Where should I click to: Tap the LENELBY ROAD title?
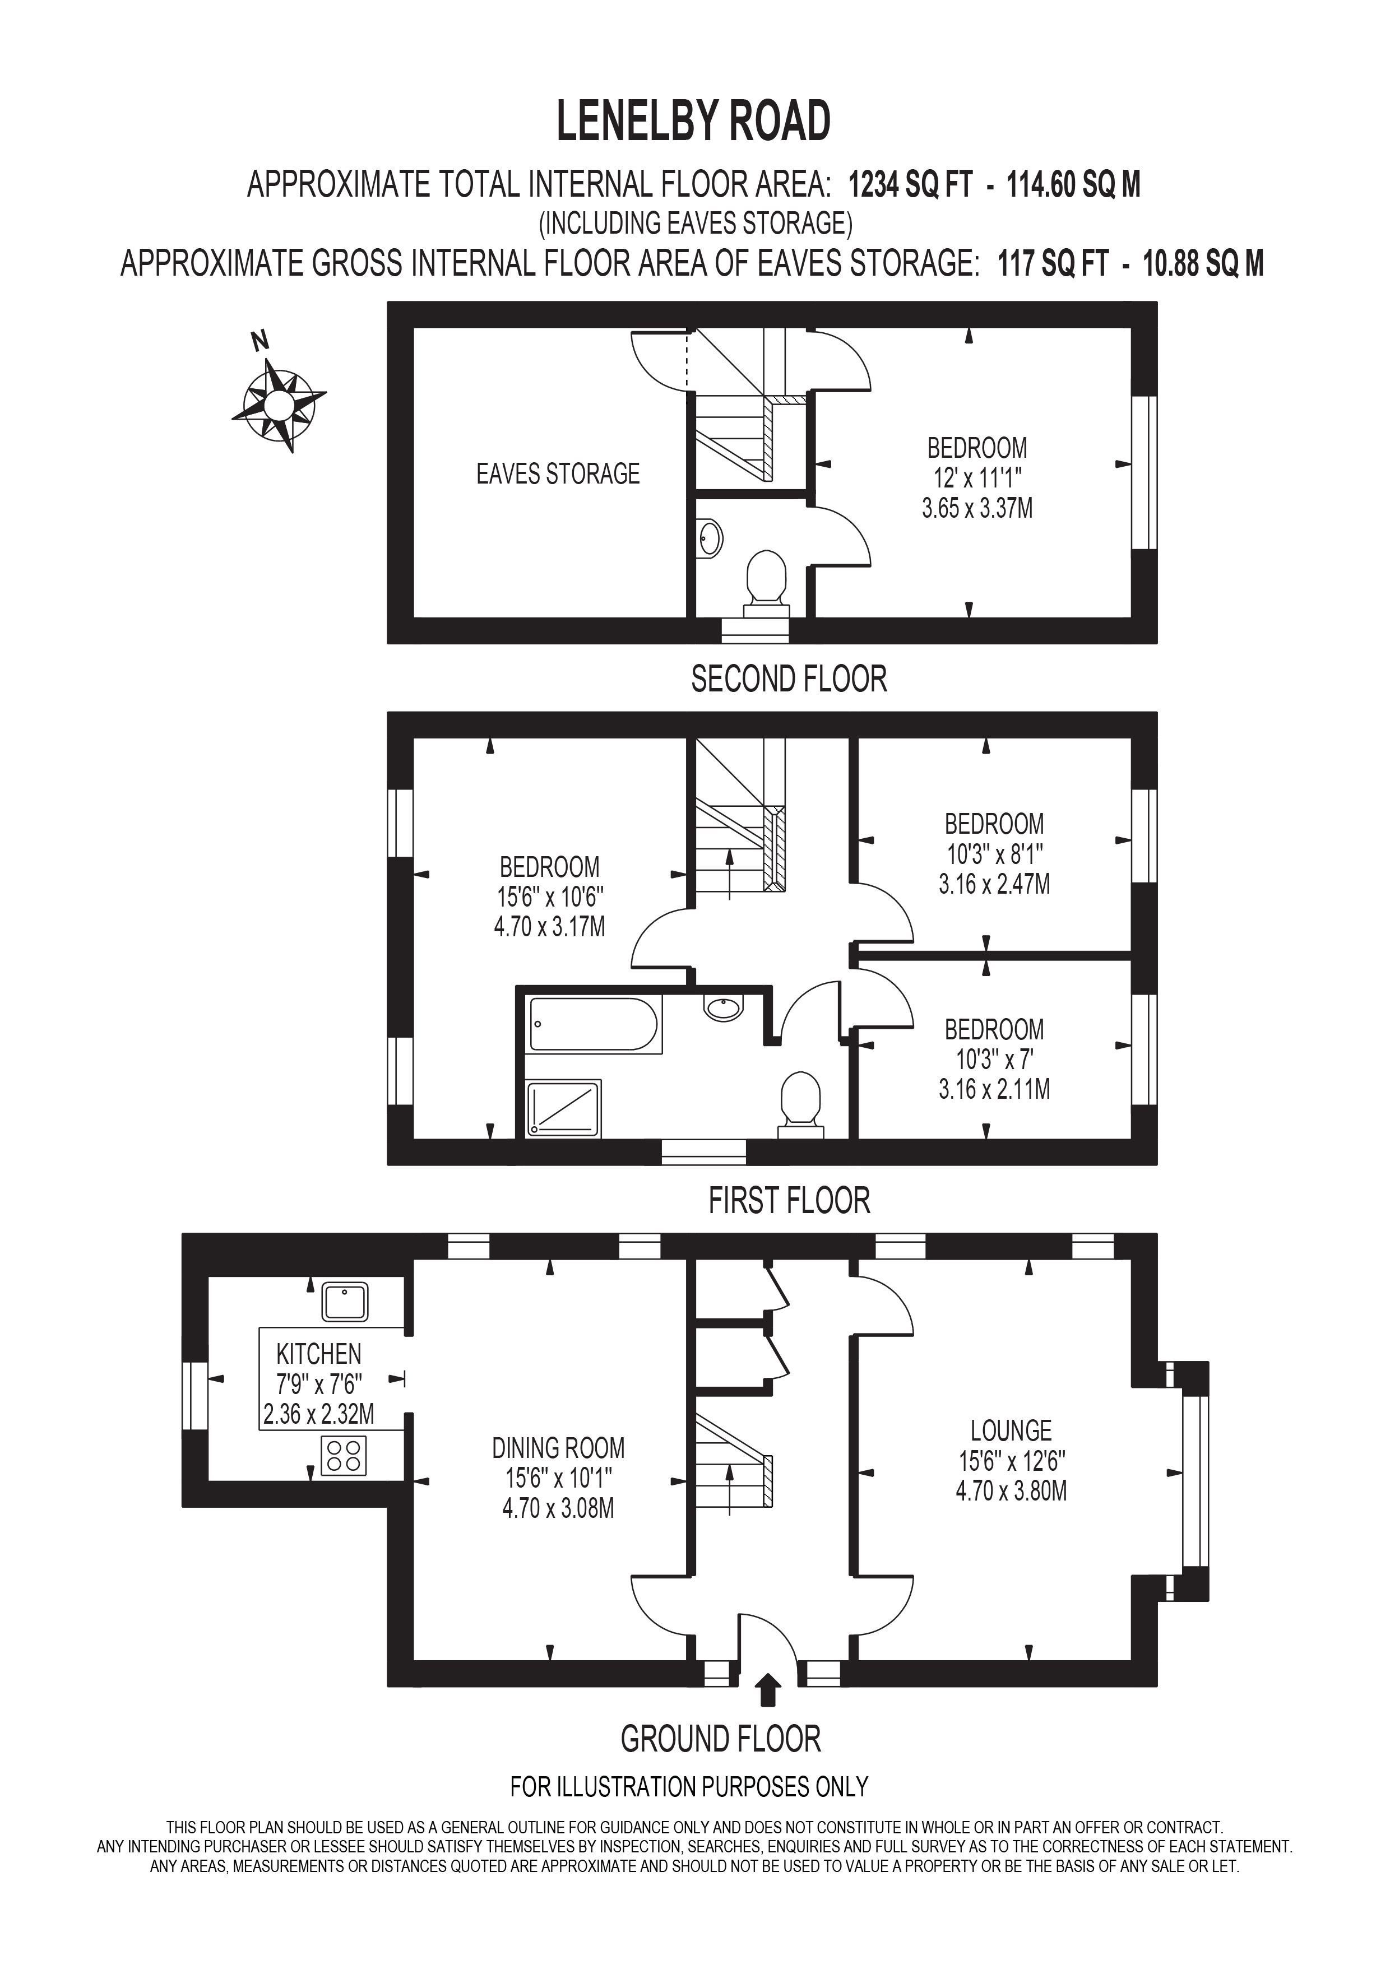693,122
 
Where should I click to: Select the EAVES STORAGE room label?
558,474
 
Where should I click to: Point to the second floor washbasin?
710,539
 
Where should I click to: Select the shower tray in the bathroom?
563,1109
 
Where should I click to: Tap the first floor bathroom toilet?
800,1104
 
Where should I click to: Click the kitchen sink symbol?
345,1302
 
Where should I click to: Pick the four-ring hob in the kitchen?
344,1456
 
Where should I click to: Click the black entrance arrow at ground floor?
768,1689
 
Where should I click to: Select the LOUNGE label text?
1011,1430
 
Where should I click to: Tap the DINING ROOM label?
558,1448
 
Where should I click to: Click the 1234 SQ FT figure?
910,185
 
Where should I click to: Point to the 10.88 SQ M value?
1203,263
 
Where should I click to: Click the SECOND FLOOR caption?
788,680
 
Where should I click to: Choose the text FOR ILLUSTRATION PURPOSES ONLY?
689,1787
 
